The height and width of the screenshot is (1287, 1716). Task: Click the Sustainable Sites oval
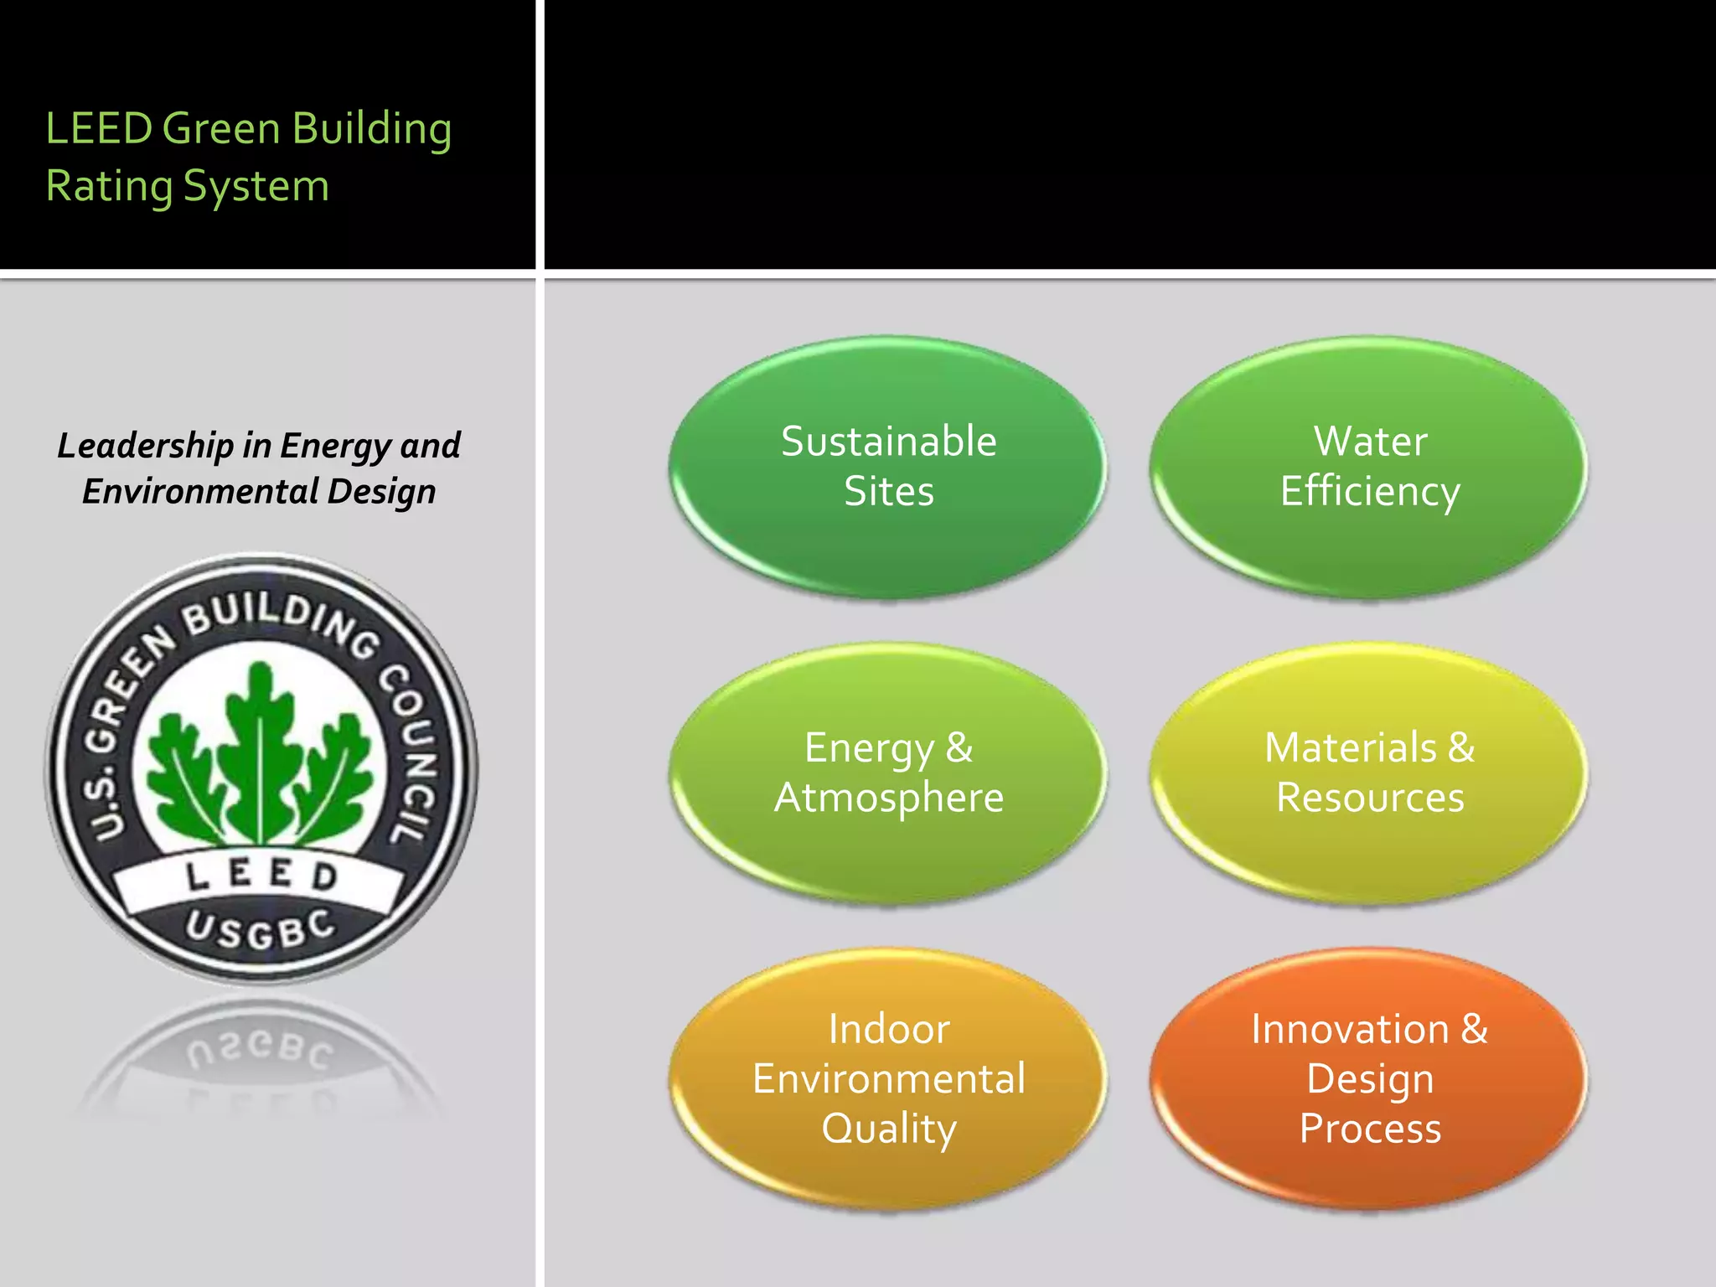[x=888, y=467]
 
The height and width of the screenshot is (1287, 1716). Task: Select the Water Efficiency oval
[x=1369, y=467]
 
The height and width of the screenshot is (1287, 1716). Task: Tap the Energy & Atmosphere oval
[x=888, y=773]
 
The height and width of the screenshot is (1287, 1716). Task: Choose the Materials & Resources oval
[x=1369, y=773]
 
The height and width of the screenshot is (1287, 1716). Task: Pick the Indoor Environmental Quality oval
[x=888, y=1078]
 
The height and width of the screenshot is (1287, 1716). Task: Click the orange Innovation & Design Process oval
[x=1369, y=1078]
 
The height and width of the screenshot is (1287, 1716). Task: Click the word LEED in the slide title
[x=98, y=129]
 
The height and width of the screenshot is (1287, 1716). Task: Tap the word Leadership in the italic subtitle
[x=145, y=446]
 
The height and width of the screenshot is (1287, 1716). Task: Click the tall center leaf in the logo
[x=261, y=746]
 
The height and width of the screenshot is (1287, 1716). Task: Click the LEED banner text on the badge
[x=261, y=876]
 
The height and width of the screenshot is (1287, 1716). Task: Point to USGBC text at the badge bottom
[x=261, y=930]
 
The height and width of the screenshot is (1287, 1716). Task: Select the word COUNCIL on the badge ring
[x=411, y=750]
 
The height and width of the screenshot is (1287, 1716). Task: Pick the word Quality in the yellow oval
[x=888, y=1129]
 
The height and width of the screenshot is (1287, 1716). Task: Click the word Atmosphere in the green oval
[x=888, y=798]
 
